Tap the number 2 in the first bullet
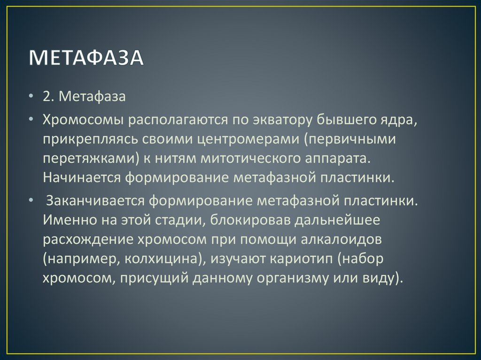(47, 97)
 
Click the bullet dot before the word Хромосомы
(31, 119)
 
